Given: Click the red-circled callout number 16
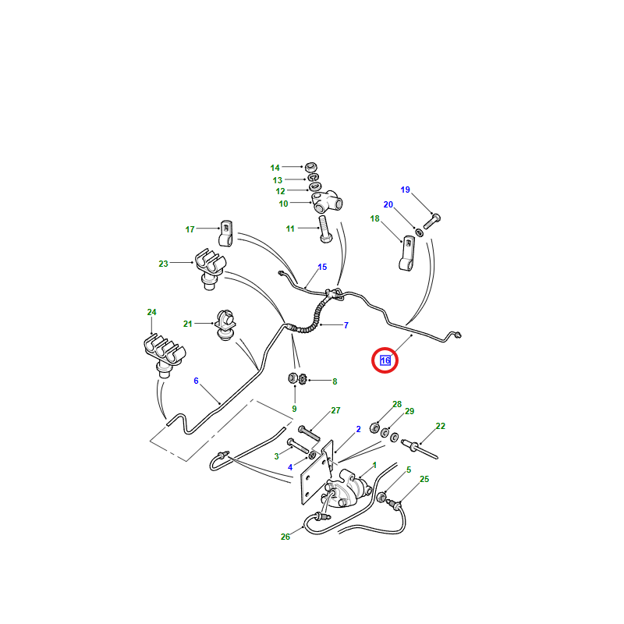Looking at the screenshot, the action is (385, 360).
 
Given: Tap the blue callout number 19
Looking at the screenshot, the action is (405, 190).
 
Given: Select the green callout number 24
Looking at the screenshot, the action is (151, 313).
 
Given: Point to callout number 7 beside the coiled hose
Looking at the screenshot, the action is (346, 325).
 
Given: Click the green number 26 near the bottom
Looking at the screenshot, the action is (285, 537).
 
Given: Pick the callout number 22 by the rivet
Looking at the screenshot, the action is (440, 426).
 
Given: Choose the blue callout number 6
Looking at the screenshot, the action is (196, 381).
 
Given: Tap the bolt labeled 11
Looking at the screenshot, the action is (325, 229).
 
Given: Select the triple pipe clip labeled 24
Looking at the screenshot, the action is (164, 354).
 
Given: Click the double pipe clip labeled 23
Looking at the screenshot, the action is (210, 268).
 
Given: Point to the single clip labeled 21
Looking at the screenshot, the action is (225, 324).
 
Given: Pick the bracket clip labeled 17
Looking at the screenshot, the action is (225, 233).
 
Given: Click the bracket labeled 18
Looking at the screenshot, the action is (406, 253).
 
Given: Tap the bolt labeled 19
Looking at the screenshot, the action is (432, 222).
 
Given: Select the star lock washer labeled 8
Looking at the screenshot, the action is (303, 380).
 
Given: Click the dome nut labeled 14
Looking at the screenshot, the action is (310, 166).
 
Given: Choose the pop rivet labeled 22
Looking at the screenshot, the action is (420, 449).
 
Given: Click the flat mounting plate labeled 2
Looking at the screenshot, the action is (316, 473).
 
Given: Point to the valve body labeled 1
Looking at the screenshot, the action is (347, 490).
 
